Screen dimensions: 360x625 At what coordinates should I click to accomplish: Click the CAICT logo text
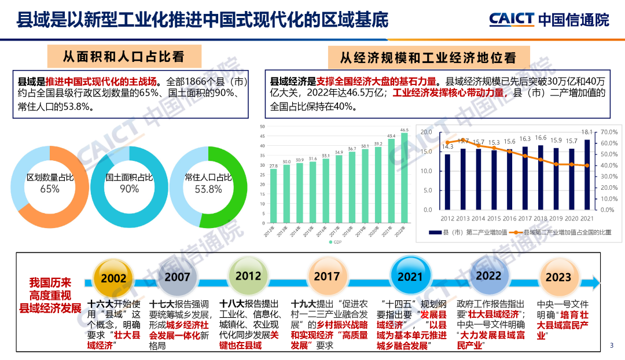click(x=512, y=19)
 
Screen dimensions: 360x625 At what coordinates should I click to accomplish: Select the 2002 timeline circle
click(x=113, y=277)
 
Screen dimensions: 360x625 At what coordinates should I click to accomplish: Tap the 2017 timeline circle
click(x=326, y=276)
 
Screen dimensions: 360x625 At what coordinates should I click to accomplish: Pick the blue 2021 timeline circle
click(x=410, y=277)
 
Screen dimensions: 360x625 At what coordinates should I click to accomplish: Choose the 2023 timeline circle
click(x=558, y=277)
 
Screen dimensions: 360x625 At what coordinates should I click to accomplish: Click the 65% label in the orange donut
click(x=50, y=189)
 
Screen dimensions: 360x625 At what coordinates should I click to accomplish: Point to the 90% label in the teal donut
click(x=129, y=189)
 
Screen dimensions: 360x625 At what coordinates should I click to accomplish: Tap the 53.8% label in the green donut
click(x=208, y=189)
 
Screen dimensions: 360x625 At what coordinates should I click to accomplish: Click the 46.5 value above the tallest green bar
click(x=404, y=130)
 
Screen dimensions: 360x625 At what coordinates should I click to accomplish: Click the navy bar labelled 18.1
click(x=587, y=174)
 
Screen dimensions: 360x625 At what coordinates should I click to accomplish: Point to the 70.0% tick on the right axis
click(x=610, y=132)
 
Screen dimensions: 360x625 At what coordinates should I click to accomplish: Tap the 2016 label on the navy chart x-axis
click(x=509, y=219)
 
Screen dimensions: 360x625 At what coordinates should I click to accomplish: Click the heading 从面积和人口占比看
click(x=124, y=57)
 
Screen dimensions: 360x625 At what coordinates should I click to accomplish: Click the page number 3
click(x=612, y=346)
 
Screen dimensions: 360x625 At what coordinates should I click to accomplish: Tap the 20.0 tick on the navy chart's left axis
click(x=426, y=132)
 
